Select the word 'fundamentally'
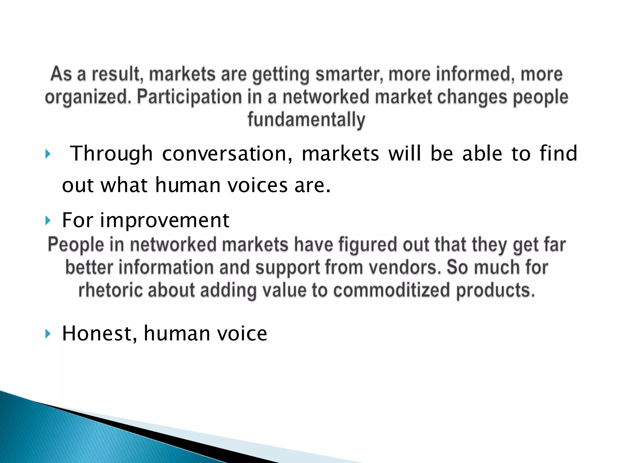coord(306,120)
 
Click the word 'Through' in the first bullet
coord(111,154)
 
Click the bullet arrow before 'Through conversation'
coord(48,154)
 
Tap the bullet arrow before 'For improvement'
coord(48,221)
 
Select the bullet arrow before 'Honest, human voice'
coord(48,334)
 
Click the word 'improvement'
coord(165,220)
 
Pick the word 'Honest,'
coord(99,333)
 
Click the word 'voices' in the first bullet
coord(258,185)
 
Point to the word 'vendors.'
coord(405,267)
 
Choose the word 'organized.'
coord(88,97)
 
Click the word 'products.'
coord(495,290)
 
